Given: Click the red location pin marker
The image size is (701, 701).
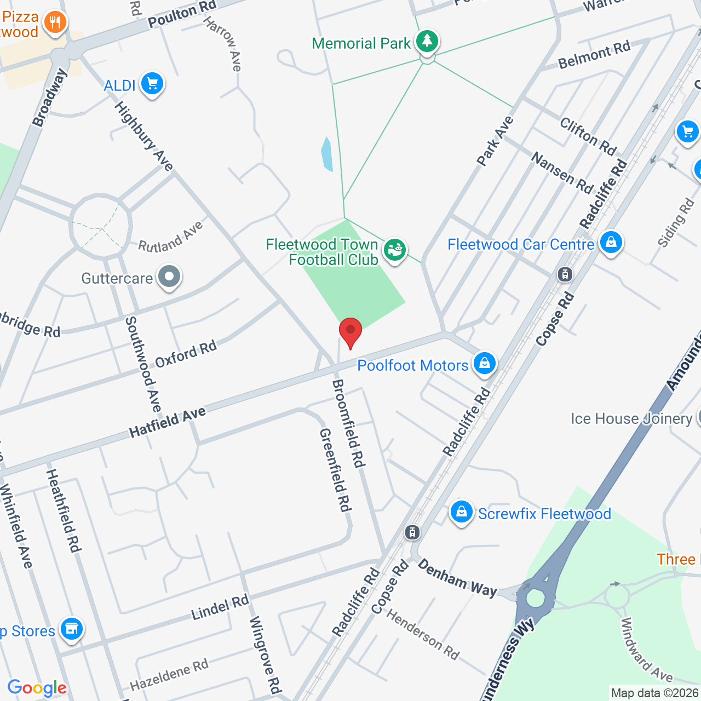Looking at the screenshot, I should [350, 331].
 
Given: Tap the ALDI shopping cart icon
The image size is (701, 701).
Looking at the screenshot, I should [152, 84].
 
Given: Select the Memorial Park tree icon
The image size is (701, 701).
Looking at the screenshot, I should [427, 41].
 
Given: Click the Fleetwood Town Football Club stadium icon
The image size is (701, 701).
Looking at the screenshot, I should [394, 250].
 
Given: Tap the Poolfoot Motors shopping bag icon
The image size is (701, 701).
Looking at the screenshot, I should [484, 363].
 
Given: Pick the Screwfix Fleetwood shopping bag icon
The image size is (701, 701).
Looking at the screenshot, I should [462, 512].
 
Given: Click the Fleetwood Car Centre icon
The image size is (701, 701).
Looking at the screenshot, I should [611, 242].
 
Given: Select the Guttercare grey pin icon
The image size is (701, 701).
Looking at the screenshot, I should [169, 277].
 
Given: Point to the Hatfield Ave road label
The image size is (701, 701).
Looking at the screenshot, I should [168, 422].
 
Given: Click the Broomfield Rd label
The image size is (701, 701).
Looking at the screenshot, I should [348, 423].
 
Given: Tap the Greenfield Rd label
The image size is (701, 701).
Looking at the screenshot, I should [335, 470].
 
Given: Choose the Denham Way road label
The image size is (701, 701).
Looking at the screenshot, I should [457, 578].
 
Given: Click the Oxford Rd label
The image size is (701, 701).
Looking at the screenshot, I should [186, 354].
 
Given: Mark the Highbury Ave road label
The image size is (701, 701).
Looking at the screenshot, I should [143, 136].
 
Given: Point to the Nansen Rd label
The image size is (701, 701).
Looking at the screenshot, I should [562, 173].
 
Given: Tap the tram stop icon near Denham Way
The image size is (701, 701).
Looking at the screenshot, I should [412, 532].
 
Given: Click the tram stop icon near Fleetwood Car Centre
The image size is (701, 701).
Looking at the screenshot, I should [565, 274].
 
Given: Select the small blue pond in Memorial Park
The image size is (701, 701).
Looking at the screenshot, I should [327, 154].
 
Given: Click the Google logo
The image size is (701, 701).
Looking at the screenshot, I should [37, 688].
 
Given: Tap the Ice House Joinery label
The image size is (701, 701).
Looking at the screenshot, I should [631, 419].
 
